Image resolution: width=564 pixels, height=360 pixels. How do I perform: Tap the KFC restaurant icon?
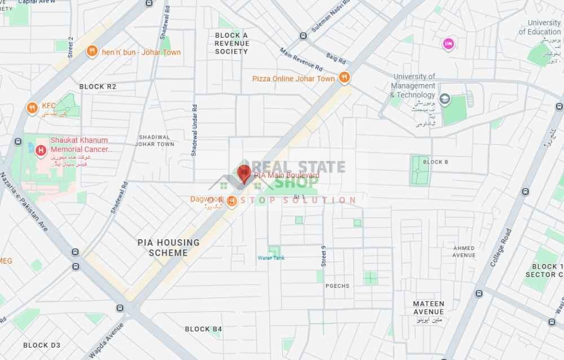click(32, 107)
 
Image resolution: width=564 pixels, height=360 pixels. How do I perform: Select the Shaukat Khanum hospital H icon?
click(41, 151)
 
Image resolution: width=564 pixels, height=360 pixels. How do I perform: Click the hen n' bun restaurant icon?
click(91, 52)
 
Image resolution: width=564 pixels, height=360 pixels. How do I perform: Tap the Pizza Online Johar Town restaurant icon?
click(344, 78)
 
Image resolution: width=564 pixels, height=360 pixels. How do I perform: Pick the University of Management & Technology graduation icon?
click(445, 100)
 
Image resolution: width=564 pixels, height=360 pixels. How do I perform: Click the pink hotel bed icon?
click(448, 43)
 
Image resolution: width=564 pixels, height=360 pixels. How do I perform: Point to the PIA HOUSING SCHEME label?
click(168, 248)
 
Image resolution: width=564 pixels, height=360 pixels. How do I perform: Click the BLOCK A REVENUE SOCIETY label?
click(231, 43)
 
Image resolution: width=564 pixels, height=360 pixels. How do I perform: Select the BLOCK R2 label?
click(98, 86)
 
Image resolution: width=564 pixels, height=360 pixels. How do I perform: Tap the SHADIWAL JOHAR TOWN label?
click(155, 140)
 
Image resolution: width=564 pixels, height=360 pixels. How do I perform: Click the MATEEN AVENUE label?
click(429, 308)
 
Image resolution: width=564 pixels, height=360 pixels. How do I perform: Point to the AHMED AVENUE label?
click(464, 252)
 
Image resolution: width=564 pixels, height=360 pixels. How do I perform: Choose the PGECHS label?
click(337, 286)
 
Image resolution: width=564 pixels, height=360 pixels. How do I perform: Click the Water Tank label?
click(271, 258)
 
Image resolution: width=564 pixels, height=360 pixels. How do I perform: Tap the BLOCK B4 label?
click(204, 329)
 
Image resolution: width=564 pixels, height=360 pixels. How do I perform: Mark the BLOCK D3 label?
click(42, 345)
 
